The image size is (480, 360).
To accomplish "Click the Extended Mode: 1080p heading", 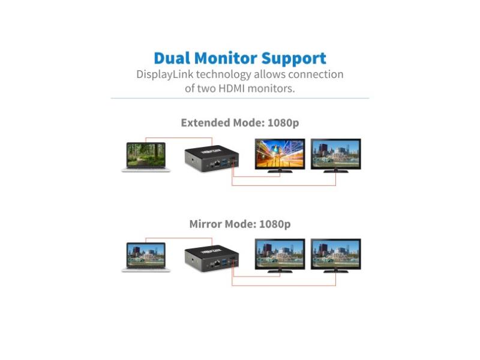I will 240,123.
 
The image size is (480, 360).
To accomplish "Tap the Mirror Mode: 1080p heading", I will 240,224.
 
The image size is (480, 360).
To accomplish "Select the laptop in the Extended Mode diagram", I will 146,156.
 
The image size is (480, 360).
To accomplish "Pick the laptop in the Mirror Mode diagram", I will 146,257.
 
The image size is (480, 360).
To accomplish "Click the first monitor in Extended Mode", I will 280,155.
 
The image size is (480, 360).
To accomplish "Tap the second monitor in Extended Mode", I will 336,155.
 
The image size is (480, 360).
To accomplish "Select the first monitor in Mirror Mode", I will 280,255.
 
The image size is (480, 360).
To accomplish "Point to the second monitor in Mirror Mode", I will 336,255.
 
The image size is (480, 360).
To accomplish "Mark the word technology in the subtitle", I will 221,75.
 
